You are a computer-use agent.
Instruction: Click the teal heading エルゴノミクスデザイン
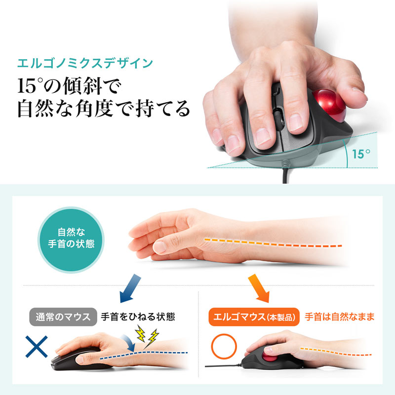85,64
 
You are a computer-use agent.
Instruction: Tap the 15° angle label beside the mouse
361,154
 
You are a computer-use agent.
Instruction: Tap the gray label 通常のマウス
63,316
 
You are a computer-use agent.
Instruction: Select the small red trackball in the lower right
270,357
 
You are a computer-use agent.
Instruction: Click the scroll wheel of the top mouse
277,119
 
